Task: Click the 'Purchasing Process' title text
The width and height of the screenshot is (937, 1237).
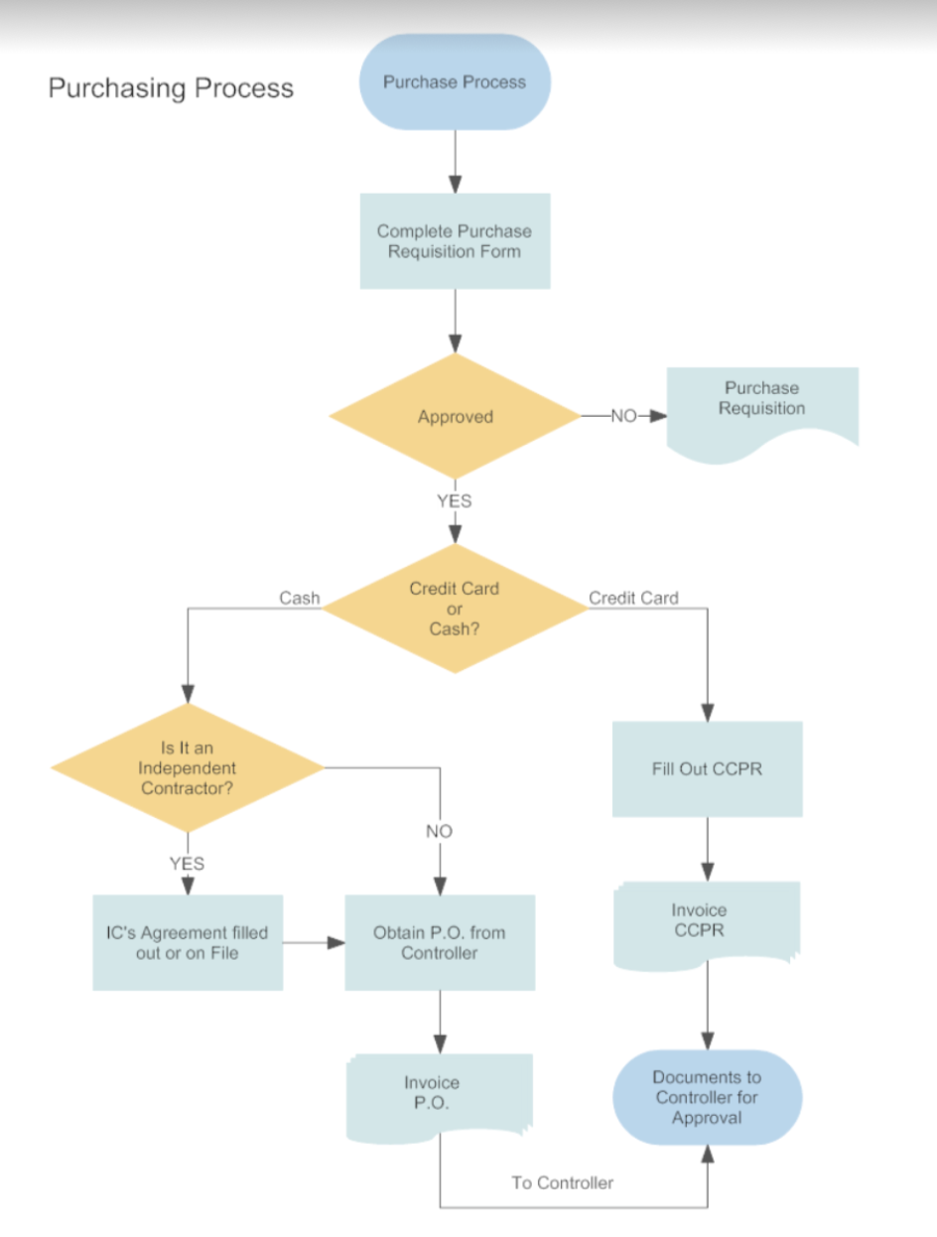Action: [x=171, y=88]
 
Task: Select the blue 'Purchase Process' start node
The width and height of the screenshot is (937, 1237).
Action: [x=455, y=82]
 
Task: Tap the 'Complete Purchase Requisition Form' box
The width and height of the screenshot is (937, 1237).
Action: [x=455, y=241]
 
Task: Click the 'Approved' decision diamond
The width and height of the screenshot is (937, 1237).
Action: [x=455, y=417]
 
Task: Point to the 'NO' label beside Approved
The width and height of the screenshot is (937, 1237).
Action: [x=622, y=417]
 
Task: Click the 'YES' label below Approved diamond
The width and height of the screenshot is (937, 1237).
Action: [x=455, y=501]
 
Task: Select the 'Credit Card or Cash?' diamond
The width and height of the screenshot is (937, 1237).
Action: [x=455, y=609]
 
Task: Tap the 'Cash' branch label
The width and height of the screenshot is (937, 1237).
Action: [x=300, y=598]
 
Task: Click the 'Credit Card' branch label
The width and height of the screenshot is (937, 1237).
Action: [x=633, y=598]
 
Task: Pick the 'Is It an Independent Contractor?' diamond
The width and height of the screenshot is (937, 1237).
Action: [x=188, y=767]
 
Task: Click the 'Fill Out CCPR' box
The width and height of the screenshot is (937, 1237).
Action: [x=707, y=769]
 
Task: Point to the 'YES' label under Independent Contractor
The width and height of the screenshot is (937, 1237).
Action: [x=187, y=864]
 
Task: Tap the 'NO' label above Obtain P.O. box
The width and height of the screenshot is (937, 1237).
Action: [x=439, y=832]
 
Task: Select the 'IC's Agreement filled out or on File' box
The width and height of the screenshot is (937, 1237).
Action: [x=188, y=943]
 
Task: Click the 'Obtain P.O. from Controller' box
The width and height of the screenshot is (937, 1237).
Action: [x=440, y=943]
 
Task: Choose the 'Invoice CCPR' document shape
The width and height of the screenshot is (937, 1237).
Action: [x=706, y=921]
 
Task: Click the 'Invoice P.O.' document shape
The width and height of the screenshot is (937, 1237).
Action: [x=439, y=1093]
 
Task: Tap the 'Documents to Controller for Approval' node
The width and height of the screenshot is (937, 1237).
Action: [x=707, y=1097]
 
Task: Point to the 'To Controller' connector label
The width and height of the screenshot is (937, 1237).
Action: [x=563, y=1182]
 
